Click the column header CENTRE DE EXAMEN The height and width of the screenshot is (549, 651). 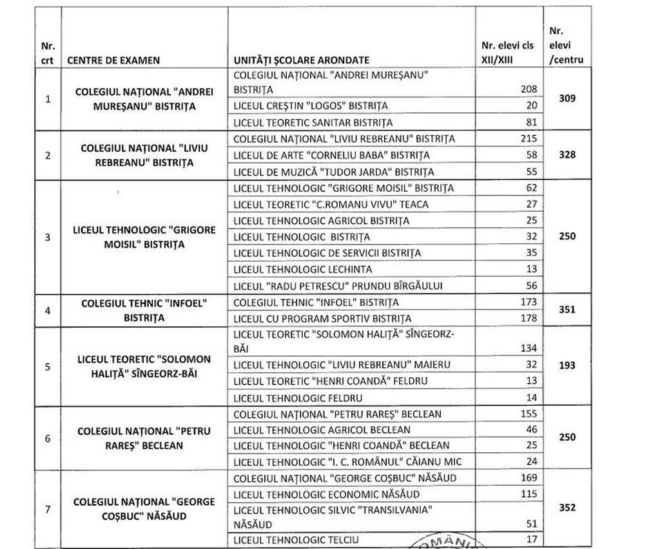click(113, 60)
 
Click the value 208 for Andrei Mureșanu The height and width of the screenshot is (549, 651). click(528, 89)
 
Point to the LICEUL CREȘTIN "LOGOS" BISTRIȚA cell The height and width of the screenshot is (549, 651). click(311, 106)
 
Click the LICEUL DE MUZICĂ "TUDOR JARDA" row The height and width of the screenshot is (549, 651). click(333, 172)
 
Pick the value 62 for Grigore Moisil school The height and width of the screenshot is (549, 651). click(530, 188)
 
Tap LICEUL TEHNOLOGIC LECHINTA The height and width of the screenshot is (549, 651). click(302, 269)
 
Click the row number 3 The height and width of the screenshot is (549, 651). click(48, 237)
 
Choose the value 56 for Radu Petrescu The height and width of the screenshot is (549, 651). click(530, 285)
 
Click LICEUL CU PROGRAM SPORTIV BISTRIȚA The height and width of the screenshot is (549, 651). click(322, 319)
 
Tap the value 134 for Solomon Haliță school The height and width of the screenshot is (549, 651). click(528, 348)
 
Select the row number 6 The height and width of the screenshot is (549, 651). click(48, 438)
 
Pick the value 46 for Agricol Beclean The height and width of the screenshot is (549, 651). click(530, 430)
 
